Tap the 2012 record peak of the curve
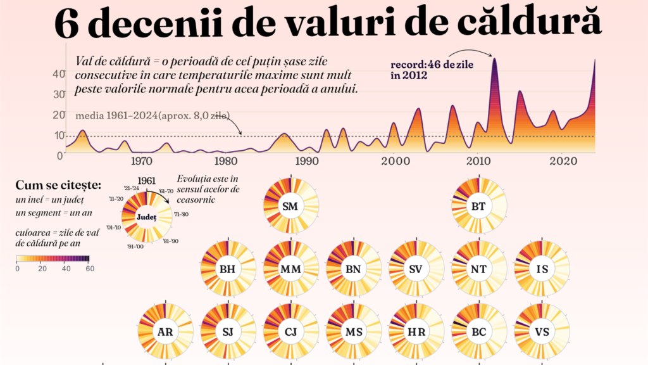pyautogui.click(x=494, y=59)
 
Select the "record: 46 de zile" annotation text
pyautogui.click(x=432, y=65)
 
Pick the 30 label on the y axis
pyautogui.click(x=59, y=94)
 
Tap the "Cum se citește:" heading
pyautogui.click(x=58, y=185)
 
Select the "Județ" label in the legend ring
pyautogui.click(x=147, y=217)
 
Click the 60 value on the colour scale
pyautogui.click(x=90, y=269)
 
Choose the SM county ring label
pyautogui.click(x=290, y=206)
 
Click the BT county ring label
pyautogui.click(x=478, y=206)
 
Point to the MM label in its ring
pyautogui.click(x=290, y=269)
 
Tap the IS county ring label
pyautogui.click(x=542, y=269)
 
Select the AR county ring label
pyautogui.click(x=165, y=332)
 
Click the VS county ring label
pyautogui.click(x=542, y=332)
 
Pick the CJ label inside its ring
pyautogui.click(x=290, y=332)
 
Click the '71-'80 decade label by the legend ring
pyautogui.click(x=181, y=214)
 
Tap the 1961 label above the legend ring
pyautogui.click(x=146, y=181)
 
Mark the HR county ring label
pyautogui.click(x=416, y=332)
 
